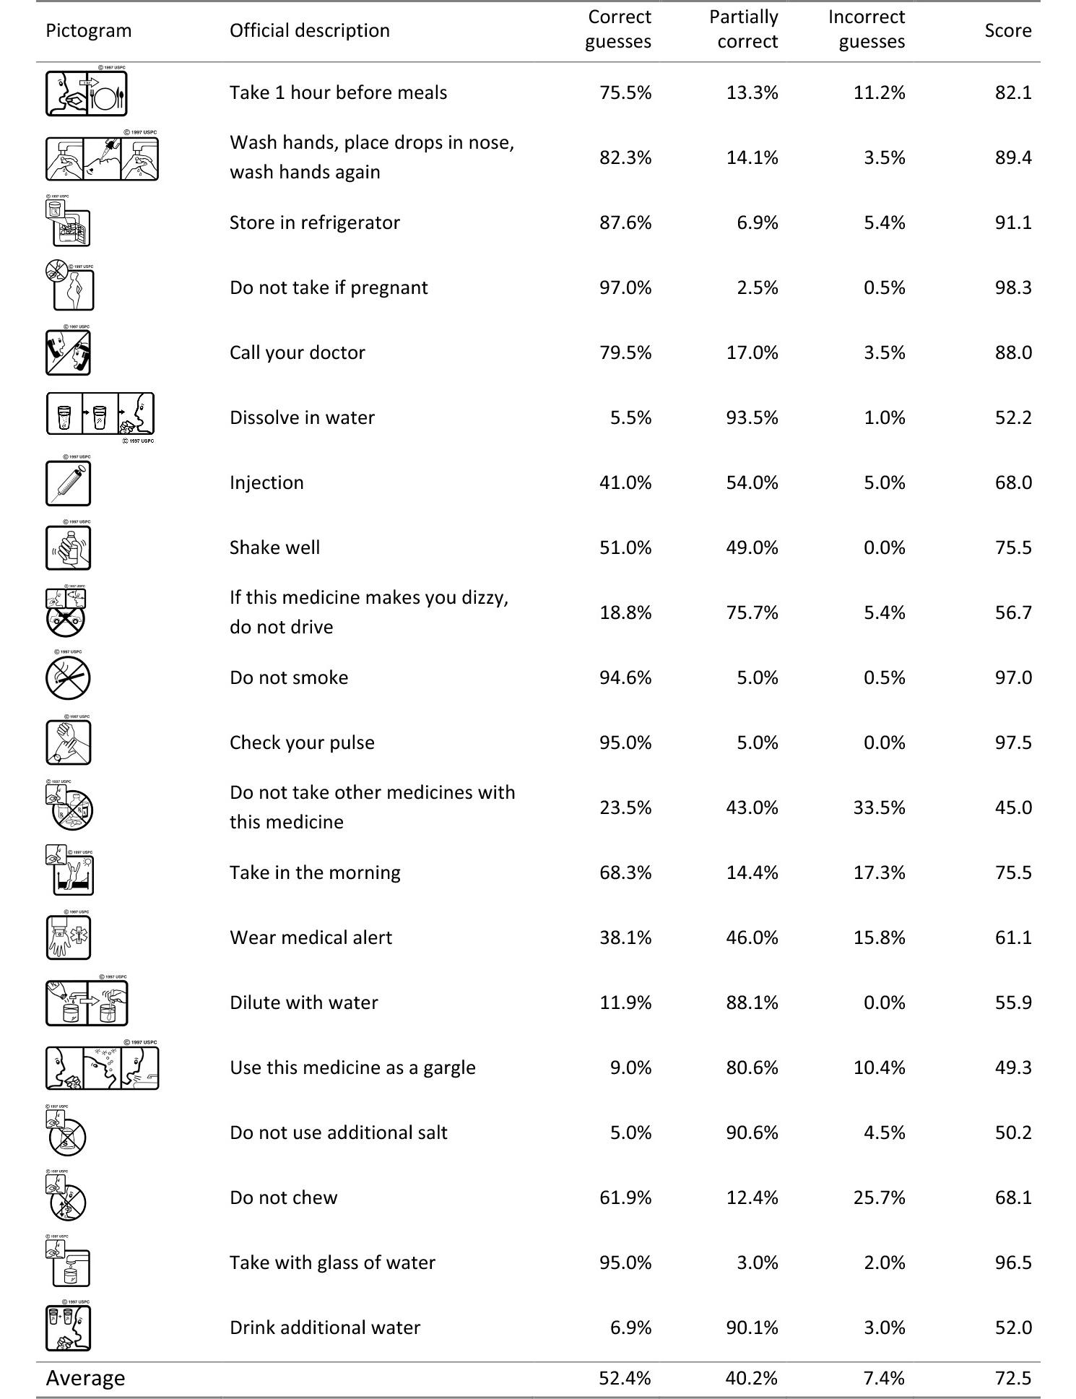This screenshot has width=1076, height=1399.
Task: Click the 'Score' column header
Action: [1007, 30]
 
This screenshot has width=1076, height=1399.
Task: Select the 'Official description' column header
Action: [309, 30]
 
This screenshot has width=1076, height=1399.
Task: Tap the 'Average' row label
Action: [85, 1377]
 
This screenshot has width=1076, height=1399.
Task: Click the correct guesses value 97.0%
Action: [625, 287]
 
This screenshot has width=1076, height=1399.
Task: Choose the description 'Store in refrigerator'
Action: [314, 222]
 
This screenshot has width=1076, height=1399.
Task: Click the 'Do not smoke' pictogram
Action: [68, 677]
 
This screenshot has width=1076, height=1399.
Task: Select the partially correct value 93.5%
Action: [752, 417]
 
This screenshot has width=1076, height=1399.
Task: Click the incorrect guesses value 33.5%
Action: [879, 807]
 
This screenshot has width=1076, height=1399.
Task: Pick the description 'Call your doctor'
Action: [297, 352]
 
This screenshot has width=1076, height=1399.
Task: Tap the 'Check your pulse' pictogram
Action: [68, 742]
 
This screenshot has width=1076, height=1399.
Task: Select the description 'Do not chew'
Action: [283, 1197]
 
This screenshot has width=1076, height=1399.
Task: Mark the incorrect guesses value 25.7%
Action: [879, 1197]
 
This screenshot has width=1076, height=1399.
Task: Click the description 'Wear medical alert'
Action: [311, 937]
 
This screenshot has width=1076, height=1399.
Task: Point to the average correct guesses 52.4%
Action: [625, 1377]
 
